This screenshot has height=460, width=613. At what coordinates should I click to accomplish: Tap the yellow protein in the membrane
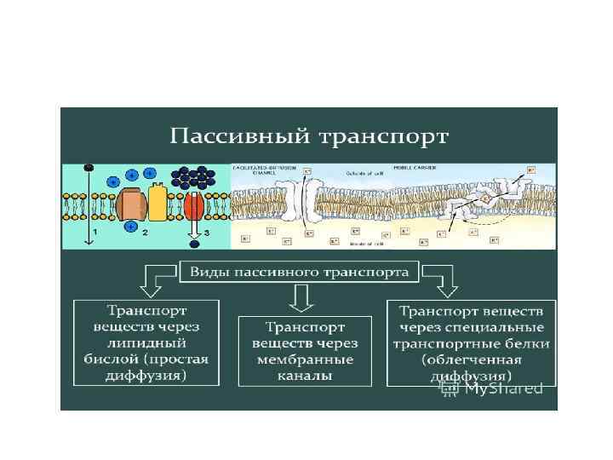click(158, 202)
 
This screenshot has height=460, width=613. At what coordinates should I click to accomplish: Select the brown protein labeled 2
click(133, 204)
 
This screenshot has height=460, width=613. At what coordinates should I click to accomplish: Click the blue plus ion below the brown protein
click(130, 227)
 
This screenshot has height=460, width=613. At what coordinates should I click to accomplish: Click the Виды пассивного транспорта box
click(299, 273)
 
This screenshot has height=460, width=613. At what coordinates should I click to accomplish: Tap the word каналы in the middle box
click(305, 376)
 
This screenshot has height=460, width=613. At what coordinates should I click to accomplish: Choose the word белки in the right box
click(529, 343)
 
